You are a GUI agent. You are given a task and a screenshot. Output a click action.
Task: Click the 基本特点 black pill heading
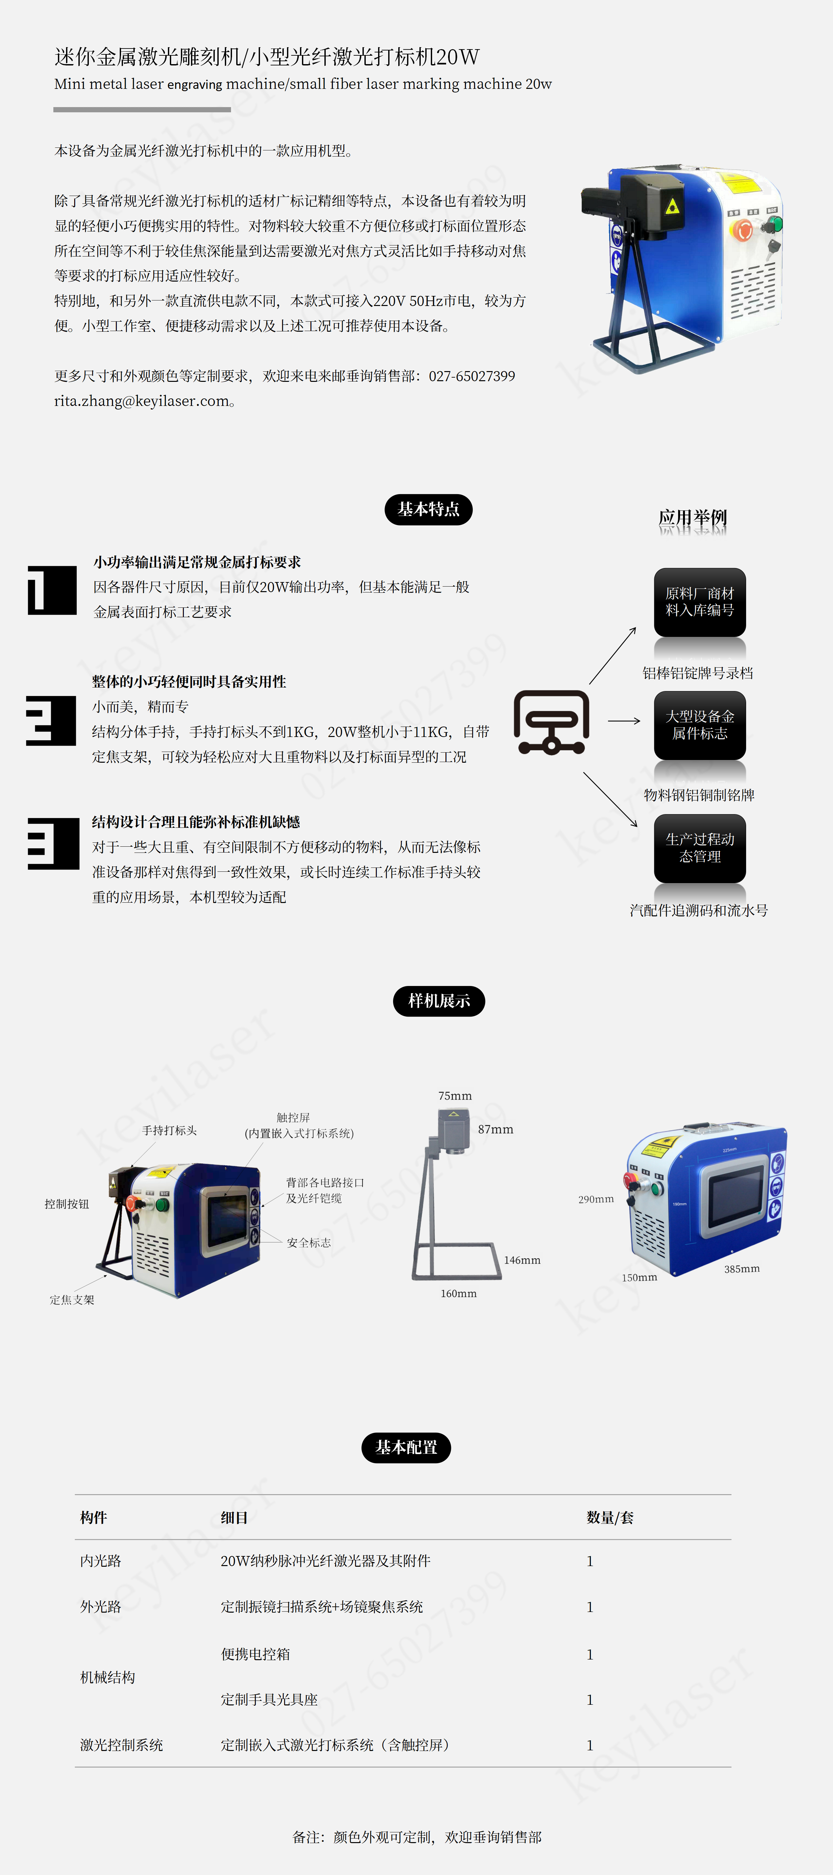429,509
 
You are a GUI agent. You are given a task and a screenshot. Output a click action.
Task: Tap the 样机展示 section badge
439,1001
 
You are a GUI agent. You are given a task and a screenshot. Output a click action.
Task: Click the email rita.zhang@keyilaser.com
142,401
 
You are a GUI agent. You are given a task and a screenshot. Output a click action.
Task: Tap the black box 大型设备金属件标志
700,725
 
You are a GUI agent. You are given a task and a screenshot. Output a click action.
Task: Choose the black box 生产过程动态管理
700,848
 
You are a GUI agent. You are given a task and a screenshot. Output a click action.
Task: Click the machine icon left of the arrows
552,722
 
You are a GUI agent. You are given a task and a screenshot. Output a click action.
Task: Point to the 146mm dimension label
522,1260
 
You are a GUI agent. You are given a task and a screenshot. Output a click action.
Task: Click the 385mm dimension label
742,1269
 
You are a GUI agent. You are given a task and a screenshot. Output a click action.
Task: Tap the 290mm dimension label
596,1199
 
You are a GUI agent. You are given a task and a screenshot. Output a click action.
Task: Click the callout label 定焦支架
72,1300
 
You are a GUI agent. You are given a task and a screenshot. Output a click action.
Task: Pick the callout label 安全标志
309,1243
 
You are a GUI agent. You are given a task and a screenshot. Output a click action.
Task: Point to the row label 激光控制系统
121,1745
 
